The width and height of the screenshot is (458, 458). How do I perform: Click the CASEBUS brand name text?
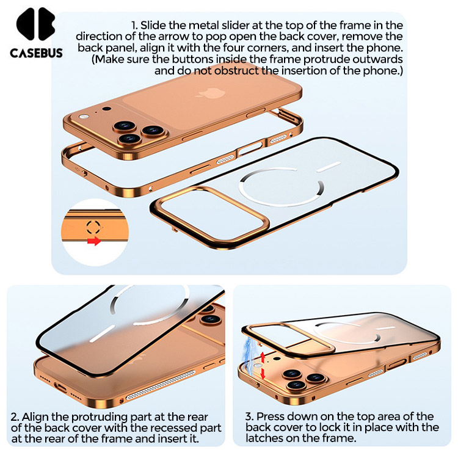point(36,53)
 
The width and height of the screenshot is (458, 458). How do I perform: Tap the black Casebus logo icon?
point(36,24)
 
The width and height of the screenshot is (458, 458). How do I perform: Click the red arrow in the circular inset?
point(94,241)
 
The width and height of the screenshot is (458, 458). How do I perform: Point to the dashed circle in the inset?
point(93,227)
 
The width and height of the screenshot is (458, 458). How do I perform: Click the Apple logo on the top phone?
point(211,93)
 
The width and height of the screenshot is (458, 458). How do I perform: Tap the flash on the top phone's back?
point(85,116)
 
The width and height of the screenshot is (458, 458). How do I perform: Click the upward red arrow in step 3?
point(263,357)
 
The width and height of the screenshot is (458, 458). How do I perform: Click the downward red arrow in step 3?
point(263,374)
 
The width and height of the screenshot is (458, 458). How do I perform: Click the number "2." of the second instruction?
point(15,416)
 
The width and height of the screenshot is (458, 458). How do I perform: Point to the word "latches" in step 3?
point(264,438)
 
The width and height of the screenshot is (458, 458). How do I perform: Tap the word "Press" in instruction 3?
point(271,416)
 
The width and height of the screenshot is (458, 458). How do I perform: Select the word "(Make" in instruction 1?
point(107,60)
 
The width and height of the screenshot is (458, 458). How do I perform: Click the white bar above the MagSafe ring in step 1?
point(329,167)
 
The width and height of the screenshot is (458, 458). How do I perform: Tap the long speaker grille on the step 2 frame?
point(161,385)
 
